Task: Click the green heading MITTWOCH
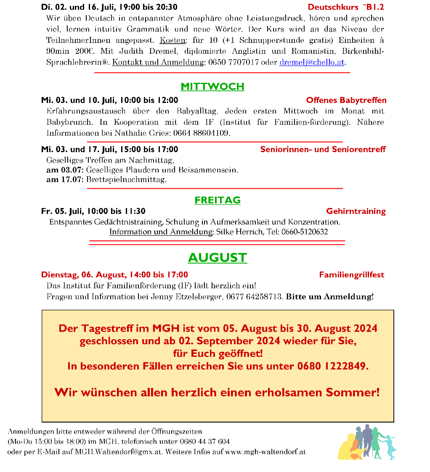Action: coord(212,87)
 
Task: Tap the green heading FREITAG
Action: coord(218,200)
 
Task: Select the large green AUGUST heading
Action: coord(218,258)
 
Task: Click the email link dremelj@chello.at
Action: coord(312,62)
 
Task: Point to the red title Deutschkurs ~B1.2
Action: coord(346,7)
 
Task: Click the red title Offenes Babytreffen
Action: coord(346,100)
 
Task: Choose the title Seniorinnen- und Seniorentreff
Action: coord(323,150)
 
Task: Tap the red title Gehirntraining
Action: coord(356,211)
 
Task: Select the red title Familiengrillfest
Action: coord(352,275)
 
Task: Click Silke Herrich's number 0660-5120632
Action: coord(305,232)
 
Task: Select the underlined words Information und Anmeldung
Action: coord(161,232)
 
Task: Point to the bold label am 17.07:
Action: coord(65,180)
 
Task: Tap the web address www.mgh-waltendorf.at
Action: coord(265,452)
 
